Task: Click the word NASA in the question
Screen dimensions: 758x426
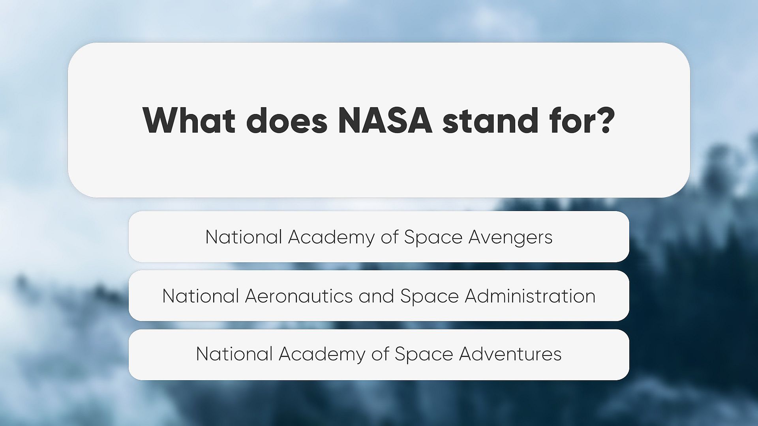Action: tap(385, 120)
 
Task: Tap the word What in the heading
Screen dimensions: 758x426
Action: tap(189, 120)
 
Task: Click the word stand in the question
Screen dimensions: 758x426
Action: tap(490, 120)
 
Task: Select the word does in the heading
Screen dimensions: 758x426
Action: tap(287, 120)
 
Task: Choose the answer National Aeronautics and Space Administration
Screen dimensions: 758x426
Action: tap(379, 296)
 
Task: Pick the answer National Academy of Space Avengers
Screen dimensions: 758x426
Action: tap(379, 237)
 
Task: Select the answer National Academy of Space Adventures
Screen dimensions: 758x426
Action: tap(379, 355)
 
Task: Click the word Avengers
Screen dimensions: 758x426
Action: tap(510, 238)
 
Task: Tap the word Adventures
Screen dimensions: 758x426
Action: tap(510, 354)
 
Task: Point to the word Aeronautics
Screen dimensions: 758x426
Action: tap(298, 296)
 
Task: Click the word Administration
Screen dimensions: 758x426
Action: tap(530, 296)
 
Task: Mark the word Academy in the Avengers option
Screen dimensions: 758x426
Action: tap(331, 238)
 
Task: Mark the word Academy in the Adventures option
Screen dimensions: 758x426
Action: tap(322, 355)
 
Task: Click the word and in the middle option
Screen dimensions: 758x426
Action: tap(376, 296)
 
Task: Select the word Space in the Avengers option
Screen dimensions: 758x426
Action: tap(433, 238)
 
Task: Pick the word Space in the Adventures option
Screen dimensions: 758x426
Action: tap(424, 355)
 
